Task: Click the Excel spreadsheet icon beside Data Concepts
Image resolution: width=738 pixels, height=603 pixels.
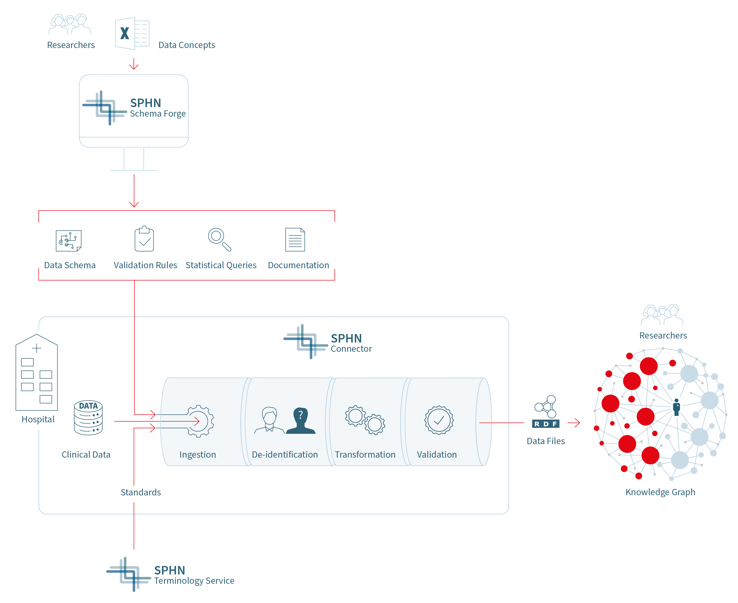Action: point(132,33)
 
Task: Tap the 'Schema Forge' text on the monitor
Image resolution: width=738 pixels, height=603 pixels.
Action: point(157,114)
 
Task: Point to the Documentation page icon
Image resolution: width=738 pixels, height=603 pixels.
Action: point(295,240)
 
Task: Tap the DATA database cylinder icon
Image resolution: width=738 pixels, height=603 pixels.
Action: point(88,418)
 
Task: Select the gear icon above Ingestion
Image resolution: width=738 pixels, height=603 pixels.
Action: point(199,421)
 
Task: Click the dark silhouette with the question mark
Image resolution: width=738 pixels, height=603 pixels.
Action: point(301,421)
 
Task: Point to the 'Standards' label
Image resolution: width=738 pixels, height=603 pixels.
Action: point(141,492)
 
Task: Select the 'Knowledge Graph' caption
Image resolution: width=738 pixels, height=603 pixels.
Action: point(660,492)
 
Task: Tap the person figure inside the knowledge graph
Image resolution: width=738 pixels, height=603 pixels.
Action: point(676,407)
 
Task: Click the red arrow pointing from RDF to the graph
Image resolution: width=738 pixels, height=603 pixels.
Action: point(574,423)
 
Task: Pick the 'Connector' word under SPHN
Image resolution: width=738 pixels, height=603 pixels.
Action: point(351,349)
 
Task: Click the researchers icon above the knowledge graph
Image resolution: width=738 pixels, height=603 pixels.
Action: point(662,315)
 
